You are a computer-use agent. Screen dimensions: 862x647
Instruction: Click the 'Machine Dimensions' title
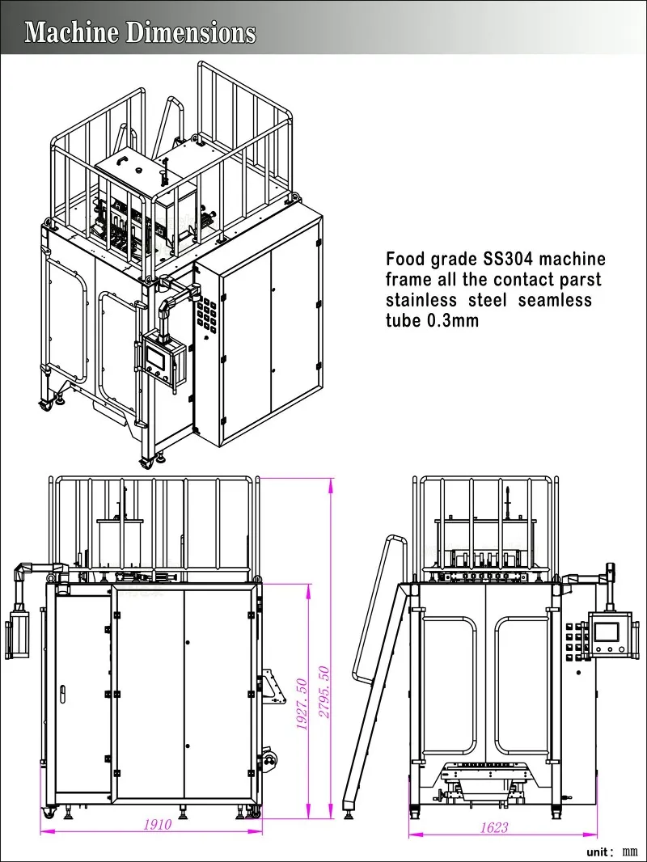coord(140,32)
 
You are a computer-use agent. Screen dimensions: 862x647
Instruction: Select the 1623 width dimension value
coord(494,827)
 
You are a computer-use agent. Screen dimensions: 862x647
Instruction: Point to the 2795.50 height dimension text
coord(324,693)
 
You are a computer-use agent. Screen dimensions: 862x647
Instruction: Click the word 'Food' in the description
coord(405,260)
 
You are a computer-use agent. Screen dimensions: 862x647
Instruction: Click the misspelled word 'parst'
coord(578,280)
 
